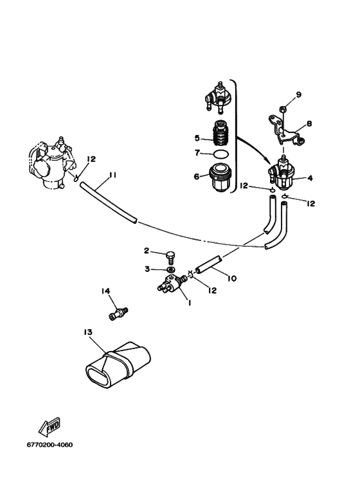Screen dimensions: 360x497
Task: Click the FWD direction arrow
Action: click(x=49, y=427)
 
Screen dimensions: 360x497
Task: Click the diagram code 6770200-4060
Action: click(x=50, y=445)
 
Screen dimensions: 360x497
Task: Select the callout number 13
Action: click(x=88, y=332)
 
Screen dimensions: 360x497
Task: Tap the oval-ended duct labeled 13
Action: click(x=118, y=365)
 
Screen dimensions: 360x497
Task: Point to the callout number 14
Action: click(x=106, y=291)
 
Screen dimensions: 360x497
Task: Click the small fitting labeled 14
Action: click(x=118, y=313)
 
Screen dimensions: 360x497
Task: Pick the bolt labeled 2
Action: click(x=170, y=257)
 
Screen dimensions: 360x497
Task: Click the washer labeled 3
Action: click(x=171, y=270)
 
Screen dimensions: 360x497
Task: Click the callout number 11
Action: click(x=113, y=175)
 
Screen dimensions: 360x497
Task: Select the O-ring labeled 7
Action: click(x=220, y=154)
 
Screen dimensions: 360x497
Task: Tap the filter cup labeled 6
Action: click(x=221, y=179)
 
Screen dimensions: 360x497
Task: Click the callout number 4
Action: click(x=310, y=178)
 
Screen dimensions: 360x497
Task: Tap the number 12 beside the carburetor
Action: click(x=91, y=159)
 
